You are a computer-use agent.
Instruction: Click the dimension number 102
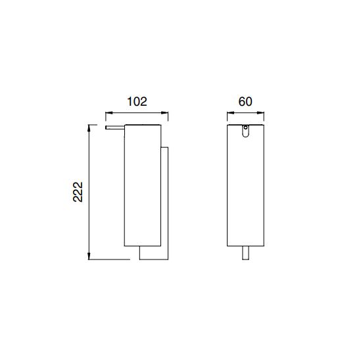137,102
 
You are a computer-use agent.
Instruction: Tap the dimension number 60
245,102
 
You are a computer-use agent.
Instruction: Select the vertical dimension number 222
78,192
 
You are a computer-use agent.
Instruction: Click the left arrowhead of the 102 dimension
109,113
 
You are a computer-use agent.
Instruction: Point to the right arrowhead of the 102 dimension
165,113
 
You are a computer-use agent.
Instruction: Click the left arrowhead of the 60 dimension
231,113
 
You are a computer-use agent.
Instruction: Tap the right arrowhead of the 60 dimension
260,113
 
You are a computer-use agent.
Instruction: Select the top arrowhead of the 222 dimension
89,128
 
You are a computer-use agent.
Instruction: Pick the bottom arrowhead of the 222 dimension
89,256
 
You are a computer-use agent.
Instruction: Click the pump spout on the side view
115,127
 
